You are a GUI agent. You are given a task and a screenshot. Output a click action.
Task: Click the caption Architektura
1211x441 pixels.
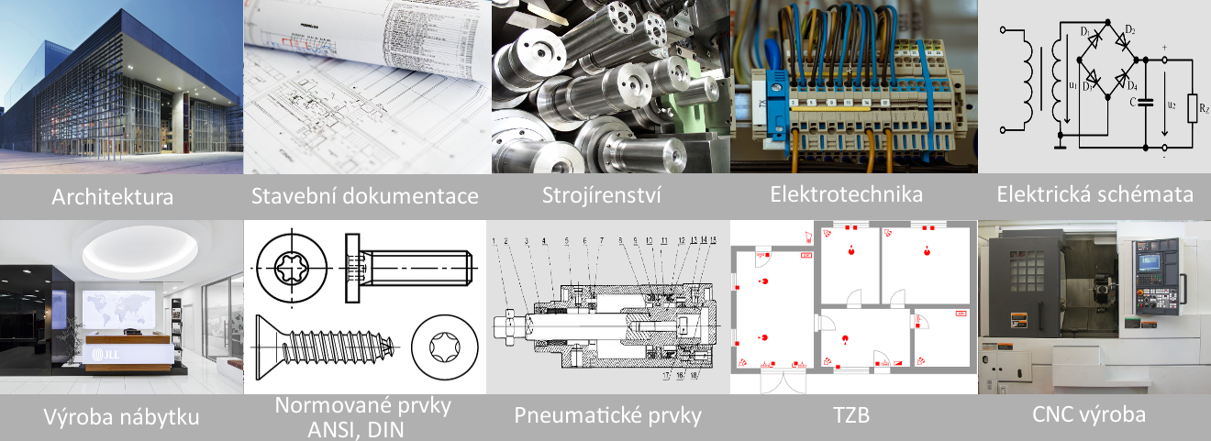point(113,197)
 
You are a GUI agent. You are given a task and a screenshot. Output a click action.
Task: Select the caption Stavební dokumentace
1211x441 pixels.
point(365,196)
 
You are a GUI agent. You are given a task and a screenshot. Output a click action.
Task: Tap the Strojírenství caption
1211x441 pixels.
point(603,196)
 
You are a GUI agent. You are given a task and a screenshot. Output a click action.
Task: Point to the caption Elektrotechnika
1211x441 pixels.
point(847,194)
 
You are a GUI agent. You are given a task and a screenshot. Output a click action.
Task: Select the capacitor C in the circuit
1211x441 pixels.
point(1144,102)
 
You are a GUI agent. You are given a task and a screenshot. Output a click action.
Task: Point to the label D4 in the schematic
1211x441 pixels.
point(1130,86)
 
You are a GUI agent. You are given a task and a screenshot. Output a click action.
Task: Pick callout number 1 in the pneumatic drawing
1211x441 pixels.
point(494,241)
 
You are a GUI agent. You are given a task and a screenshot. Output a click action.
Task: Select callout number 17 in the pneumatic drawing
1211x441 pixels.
point(665,376)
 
